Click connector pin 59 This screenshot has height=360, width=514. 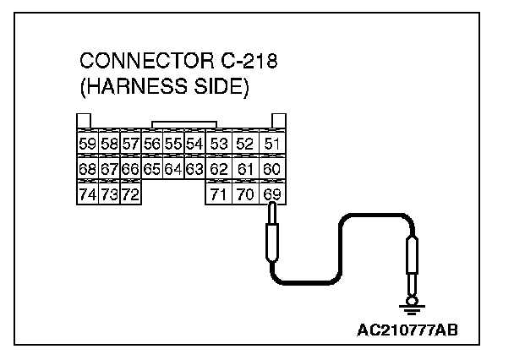87,144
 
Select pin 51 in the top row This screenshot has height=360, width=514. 271,144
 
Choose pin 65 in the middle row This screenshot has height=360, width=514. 152,170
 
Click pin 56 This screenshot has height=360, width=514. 152,144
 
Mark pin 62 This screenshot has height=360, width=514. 219,170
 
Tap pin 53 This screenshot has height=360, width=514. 219,144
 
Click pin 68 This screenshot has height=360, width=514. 87,170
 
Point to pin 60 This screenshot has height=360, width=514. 271,170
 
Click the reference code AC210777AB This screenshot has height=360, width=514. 408,329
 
